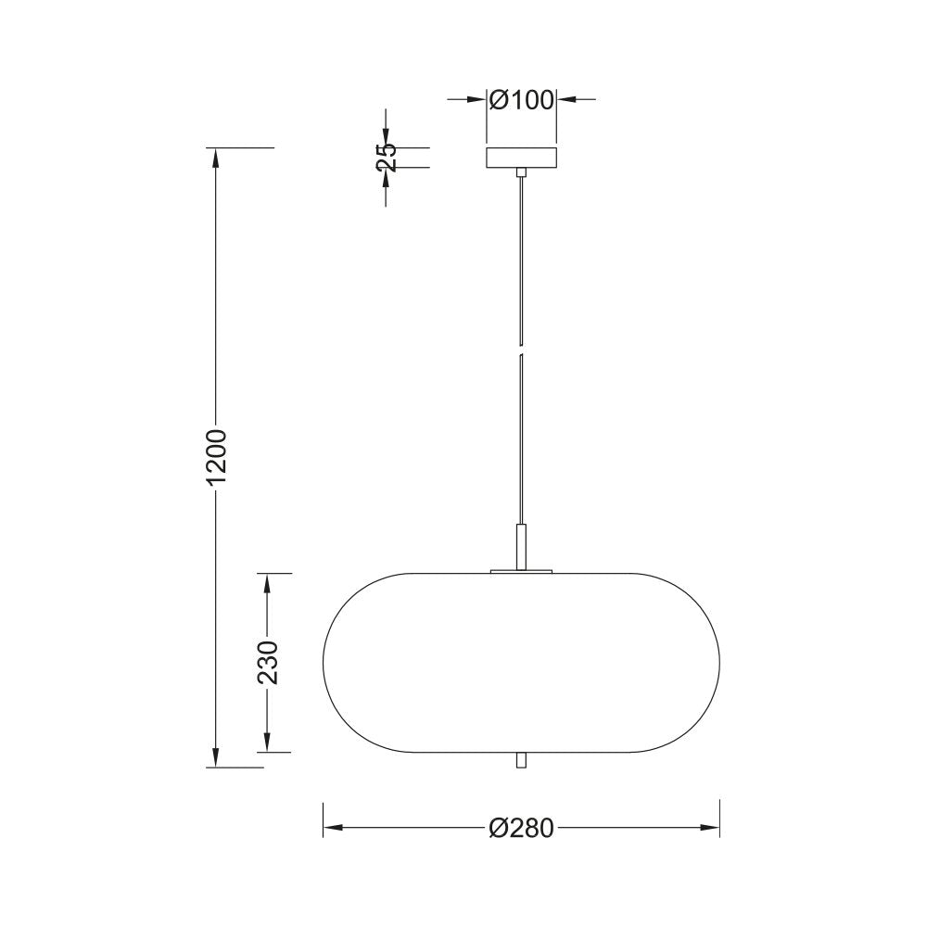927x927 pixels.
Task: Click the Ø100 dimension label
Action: click(x=521, y=99)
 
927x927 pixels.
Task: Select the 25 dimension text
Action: click(x=386, y=157)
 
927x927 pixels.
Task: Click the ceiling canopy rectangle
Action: click(x=522, y=158)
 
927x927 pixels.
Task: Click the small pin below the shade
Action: click(x=522, y=760)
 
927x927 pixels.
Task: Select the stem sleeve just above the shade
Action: click(x=522, y=546)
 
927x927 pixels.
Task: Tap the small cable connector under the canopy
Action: click(x=522, y=172)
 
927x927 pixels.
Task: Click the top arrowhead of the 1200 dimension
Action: click(x=215, y=158)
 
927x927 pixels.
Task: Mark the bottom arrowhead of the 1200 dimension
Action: click(x=215, y=758)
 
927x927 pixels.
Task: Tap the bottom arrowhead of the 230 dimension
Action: click(x=268, y=743)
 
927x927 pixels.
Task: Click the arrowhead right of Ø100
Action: click(x=565, y=99)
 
